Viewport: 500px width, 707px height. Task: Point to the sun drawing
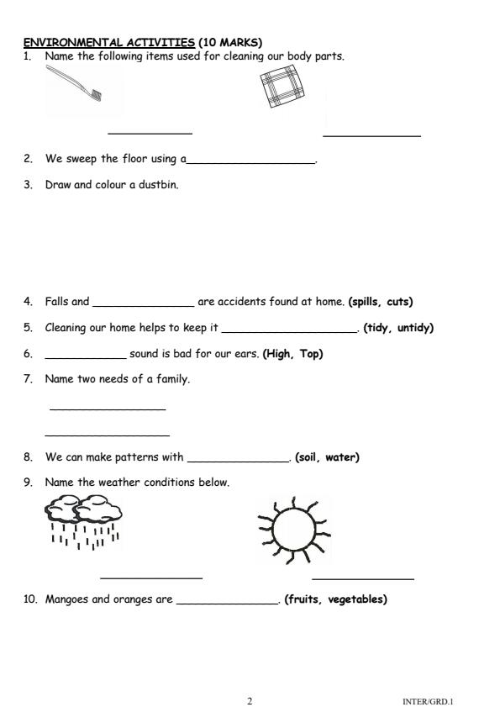tap(294, 528)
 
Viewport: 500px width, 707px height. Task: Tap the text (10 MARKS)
tap(230, 42)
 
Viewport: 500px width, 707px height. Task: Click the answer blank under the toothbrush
tap(150, 133)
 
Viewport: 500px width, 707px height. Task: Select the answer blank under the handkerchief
tap(371, 135)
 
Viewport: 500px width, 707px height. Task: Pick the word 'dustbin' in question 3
tap(160, 184)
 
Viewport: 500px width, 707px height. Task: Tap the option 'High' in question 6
tap(279, 354)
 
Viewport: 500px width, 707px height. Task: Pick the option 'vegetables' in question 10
tap(356, 599)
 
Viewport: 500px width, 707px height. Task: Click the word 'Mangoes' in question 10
tap(66, 599)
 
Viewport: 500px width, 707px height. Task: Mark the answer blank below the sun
tap(362, 578)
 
